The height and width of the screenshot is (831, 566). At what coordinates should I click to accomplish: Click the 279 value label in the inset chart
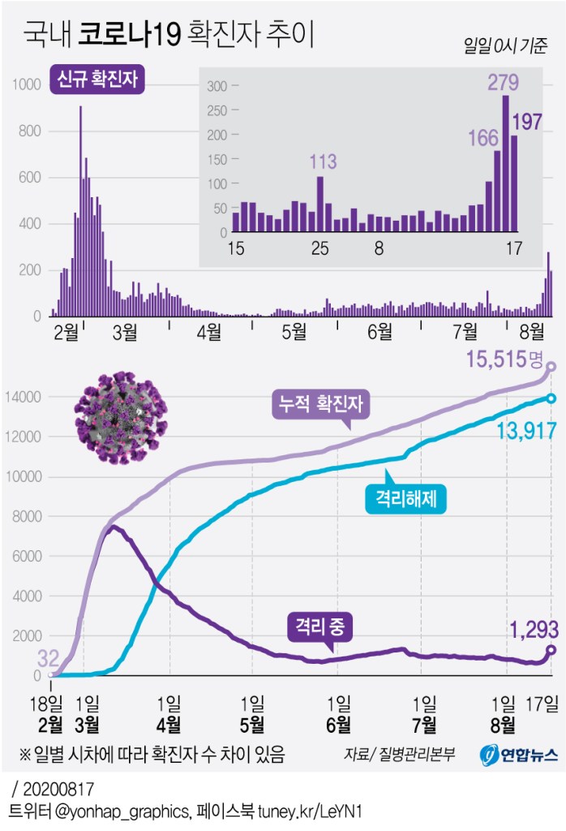tap(503, 83)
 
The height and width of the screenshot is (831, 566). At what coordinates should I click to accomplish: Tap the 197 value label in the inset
tap(526, 122)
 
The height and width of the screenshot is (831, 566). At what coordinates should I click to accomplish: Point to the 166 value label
tap(483, 139)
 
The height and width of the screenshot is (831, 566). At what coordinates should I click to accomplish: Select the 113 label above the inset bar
tap(323, 161)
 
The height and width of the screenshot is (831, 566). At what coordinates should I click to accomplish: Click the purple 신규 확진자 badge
tap(97, 80)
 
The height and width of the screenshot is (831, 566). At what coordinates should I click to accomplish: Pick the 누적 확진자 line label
tap(319, 400)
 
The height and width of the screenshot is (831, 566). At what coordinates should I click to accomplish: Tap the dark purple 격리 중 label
tap(321, 626)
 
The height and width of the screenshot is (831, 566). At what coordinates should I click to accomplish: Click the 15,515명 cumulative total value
tap(510, 359)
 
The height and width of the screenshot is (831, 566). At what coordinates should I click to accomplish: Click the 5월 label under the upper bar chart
tap(293, 331)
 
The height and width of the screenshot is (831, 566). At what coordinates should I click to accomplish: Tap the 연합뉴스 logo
tap(519, 755)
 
